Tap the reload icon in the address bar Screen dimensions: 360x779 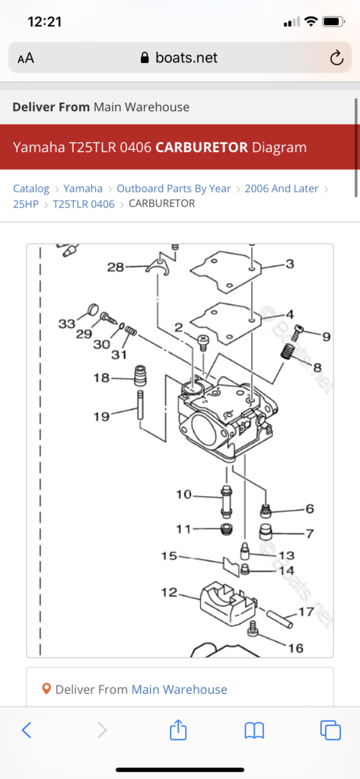(x=336, y=58)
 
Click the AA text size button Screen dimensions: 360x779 (x=26, y=58)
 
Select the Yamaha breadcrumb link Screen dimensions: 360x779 (x=83, y=189)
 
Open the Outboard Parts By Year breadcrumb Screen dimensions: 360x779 (x=174, y=189)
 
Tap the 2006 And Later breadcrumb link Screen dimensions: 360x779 (x=282, y=189)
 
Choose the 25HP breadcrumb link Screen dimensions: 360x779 (x=26, y=204)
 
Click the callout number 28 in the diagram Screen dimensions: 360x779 (x=116, y=267)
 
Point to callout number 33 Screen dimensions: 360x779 (x=66, y=324)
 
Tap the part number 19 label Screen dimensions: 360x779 (x=101, y=416)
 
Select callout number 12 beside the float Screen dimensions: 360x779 (x=170, y=592)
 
